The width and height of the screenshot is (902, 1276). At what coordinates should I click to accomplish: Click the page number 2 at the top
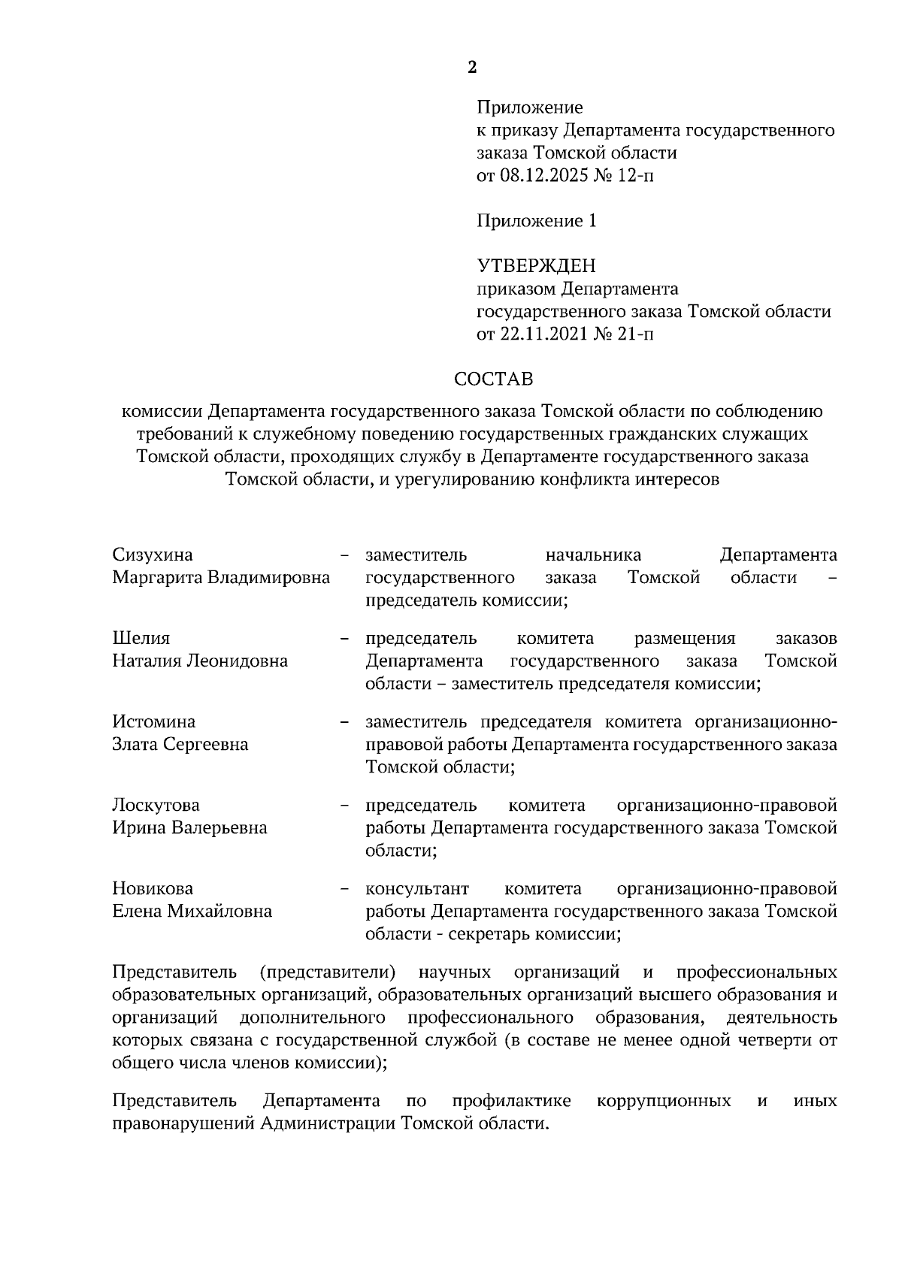[x=472, y=68]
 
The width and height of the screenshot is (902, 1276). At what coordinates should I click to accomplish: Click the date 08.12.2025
[x=542, y=176]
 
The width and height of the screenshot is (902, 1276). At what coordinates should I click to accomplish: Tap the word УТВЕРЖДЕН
[x=537, y=266]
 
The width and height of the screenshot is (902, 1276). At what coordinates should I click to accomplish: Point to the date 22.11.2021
[x=542, y=334]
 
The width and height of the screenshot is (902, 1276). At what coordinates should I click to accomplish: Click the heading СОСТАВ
[x=494, y=379]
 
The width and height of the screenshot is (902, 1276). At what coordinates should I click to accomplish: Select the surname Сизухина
[x=153, y=555]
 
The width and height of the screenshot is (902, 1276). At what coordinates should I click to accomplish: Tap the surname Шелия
[x=141, y=639]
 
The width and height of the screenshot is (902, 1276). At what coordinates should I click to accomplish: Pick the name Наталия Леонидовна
[x=200, y=661]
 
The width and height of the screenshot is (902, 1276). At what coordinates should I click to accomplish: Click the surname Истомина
[x=154, y=722]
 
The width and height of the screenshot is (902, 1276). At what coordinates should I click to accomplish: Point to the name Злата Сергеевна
[x=180, y=745]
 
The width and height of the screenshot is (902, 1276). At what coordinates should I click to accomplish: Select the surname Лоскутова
[x=156, y=806]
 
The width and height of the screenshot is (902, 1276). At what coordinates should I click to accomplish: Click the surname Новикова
[x=153, y=889]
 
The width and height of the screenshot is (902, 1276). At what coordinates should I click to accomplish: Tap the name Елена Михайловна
[x=192, y=912]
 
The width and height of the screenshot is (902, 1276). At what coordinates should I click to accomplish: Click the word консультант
[x=417, y=889]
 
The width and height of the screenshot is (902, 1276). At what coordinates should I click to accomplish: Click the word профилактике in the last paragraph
[x=511, y=1102]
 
